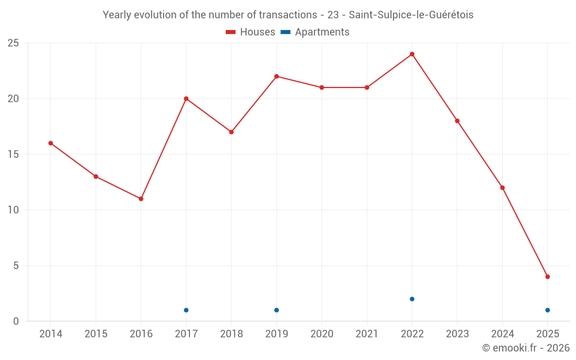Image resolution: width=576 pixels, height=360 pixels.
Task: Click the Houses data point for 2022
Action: (412, 54)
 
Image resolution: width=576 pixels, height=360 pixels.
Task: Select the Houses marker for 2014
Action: (51, 143)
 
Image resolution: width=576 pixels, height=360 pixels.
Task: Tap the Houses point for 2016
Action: (141, 199)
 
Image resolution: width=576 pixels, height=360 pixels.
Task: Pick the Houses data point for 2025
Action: (547, 276)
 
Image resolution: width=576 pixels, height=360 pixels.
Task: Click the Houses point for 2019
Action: (276, 76)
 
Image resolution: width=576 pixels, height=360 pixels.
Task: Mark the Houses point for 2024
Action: (502, 188)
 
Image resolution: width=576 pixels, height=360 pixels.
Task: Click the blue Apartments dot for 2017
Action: (186, 310)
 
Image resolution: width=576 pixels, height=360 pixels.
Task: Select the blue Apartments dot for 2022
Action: (412, 299)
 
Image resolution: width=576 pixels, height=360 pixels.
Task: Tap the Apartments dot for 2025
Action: (547, 310)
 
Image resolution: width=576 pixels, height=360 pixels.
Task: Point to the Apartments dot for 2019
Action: (276, 310)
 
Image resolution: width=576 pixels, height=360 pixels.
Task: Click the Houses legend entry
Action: (251, 32)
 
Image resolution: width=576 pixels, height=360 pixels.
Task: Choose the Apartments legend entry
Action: (315, 32)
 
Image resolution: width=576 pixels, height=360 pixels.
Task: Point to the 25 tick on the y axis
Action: (13, 43)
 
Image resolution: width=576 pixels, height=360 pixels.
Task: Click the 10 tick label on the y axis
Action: (13, 210)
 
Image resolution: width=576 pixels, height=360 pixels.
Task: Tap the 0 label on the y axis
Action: (16, 321)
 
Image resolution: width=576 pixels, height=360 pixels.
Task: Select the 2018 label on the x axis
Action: (232, 334)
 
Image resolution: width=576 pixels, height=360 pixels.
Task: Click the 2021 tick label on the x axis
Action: (367, 334)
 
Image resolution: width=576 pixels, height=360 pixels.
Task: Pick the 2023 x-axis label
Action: (457, 334)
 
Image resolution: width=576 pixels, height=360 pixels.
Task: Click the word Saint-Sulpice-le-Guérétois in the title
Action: (411, 15)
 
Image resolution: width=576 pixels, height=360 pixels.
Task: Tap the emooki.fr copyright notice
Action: (526, 348)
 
